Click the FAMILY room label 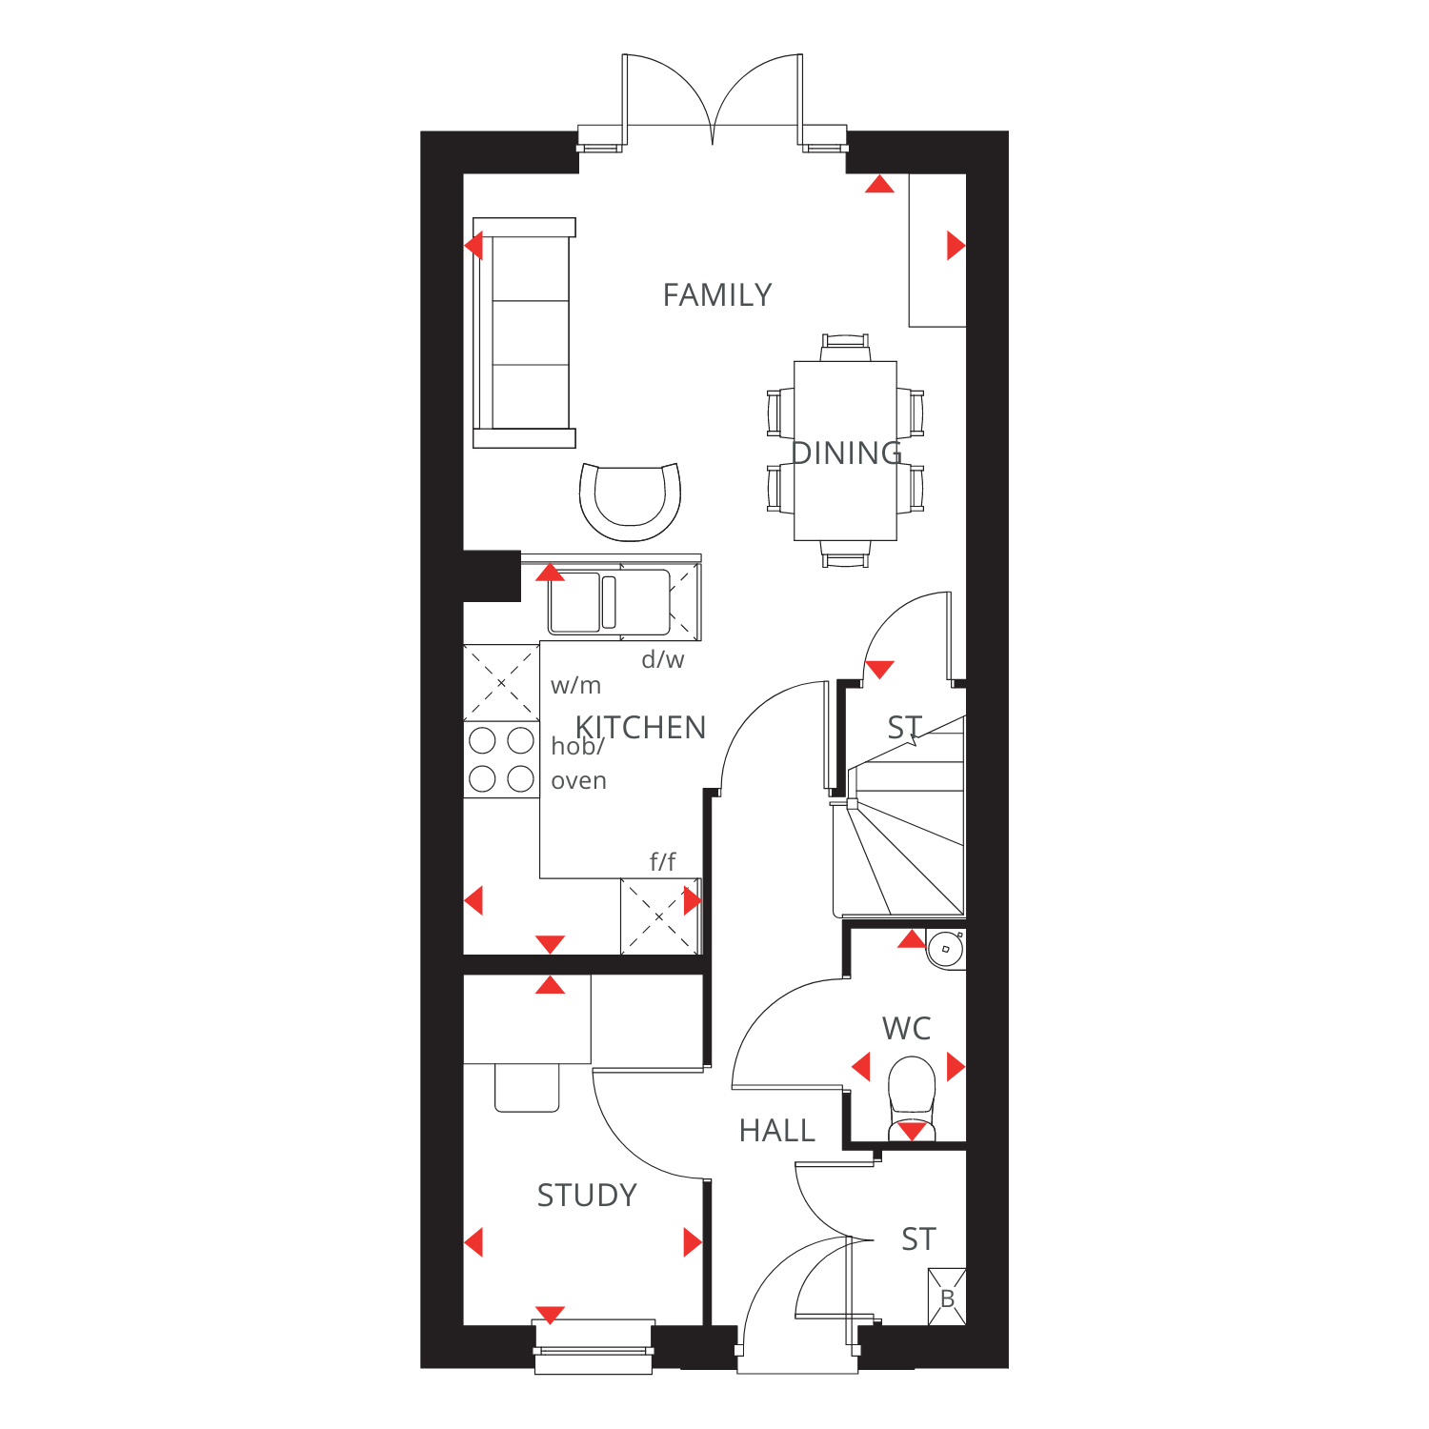click(717, 295)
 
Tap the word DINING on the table click(847, 453)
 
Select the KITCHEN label click(640, 728)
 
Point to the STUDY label click(587, 1196)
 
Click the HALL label click(777, 1131)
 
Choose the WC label click(907, 1029)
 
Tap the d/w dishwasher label click(663, 659)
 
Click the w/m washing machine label click(576, 685)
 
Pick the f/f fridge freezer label click(663, 862)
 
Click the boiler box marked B click(947, 1297)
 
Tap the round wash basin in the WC click(946, 950)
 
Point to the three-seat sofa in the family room click(525, 333)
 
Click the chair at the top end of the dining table click(846, 347)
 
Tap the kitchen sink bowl click(574, 602)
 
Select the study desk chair click(527, 1088)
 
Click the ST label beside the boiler click(919, 1239)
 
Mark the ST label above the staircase click(905, 728)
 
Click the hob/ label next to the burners click(578, 746)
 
